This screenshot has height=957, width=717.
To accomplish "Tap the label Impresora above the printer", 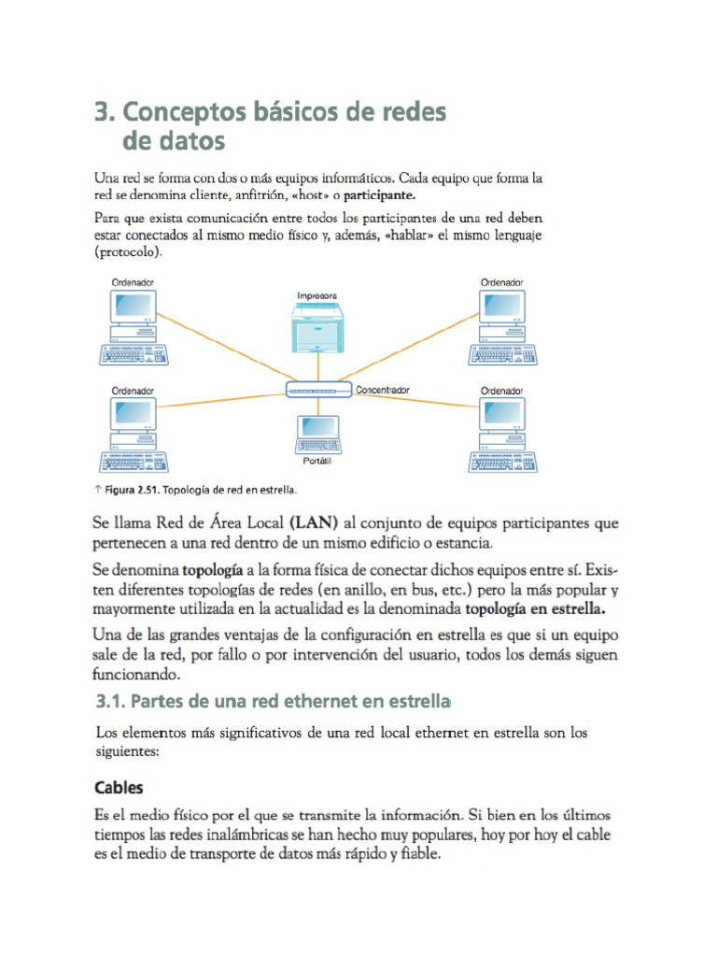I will (316, 295).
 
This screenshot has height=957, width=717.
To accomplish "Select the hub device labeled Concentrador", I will (318, 389).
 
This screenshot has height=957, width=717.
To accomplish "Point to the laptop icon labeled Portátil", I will (316, 433).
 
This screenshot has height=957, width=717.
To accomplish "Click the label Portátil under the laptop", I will (317, 462).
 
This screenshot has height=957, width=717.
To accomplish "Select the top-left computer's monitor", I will (133, 307).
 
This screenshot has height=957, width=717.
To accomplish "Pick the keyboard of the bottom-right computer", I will (501, 462).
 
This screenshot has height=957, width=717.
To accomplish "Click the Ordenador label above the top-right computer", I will (501, 281).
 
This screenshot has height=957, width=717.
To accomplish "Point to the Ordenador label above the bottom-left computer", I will (133, 390).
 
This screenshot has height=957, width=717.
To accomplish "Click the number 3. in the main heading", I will (105, 113).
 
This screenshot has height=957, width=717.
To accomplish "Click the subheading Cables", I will (119, 787).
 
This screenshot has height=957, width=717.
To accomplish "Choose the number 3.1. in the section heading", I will (111, 701).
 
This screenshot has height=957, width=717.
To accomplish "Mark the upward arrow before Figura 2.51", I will (98, 489).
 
